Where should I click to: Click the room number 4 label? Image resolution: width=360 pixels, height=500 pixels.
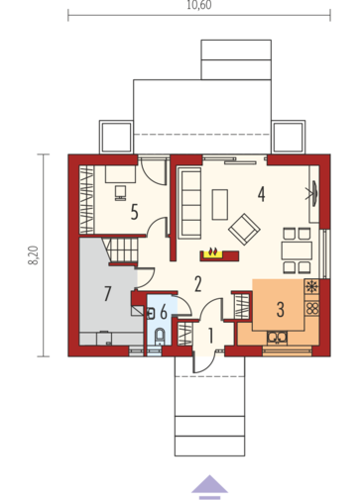(x=261, y=194)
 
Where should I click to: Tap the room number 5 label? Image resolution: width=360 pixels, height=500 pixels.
(x=132, y=210)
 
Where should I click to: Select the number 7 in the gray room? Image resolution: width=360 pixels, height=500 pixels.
(x=107, y=293)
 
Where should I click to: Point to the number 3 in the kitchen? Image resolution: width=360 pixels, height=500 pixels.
(x=281, y=308)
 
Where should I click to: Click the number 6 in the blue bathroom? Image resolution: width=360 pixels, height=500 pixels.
(x=164, y=312)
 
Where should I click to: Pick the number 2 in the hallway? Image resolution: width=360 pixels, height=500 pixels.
(x=198, y=283)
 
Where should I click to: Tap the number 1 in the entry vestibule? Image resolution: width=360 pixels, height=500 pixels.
(x=209, y=335)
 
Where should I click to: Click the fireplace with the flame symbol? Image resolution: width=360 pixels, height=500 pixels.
(x=211, y=253)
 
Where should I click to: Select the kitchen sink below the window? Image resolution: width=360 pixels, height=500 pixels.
(x=277, y=337)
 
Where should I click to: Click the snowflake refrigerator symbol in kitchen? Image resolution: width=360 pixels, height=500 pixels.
(x=311, y=288)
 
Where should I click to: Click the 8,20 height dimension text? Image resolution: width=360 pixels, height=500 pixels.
(x=32, y=254)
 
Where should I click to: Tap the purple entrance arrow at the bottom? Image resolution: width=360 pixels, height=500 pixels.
(x=209, y=483)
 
